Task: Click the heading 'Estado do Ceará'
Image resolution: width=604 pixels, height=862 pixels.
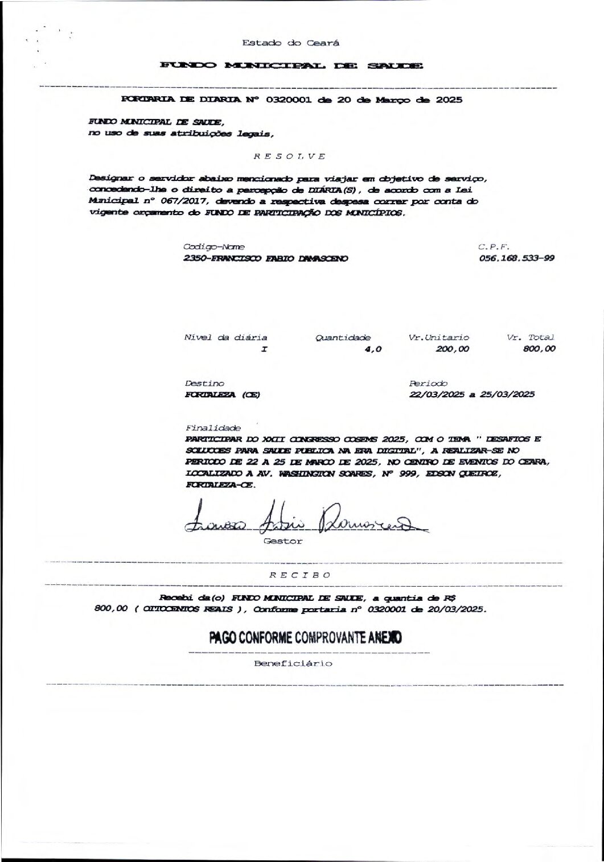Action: point(291,43)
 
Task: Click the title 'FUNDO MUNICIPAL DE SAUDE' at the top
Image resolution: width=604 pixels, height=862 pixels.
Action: point(291,66)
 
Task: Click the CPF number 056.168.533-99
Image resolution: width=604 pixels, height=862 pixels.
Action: point(517,258)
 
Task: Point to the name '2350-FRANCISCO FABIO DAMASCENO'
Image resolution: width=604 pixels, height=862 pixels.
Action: point(265,258)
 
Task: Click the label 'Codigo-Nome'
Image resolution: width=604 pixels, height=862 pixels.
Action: point(214,247)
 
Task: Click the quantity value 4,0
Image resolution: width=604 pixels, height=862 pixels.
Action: point(372,349)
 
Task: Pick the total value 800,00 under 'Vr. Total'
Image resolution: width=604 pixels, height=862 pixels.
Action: point(539,349)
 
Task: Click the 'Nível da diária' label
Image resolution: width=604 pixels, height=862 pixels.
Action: point(225,337)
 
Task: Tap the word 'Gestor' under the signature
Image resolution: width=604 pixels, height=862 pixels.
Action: point(283,541)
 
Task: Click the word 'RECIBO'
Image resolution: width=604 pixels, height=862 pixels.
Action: point(300,575)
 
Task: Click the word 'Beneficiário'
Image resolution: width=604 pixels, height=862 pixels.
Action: point(293,663)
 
